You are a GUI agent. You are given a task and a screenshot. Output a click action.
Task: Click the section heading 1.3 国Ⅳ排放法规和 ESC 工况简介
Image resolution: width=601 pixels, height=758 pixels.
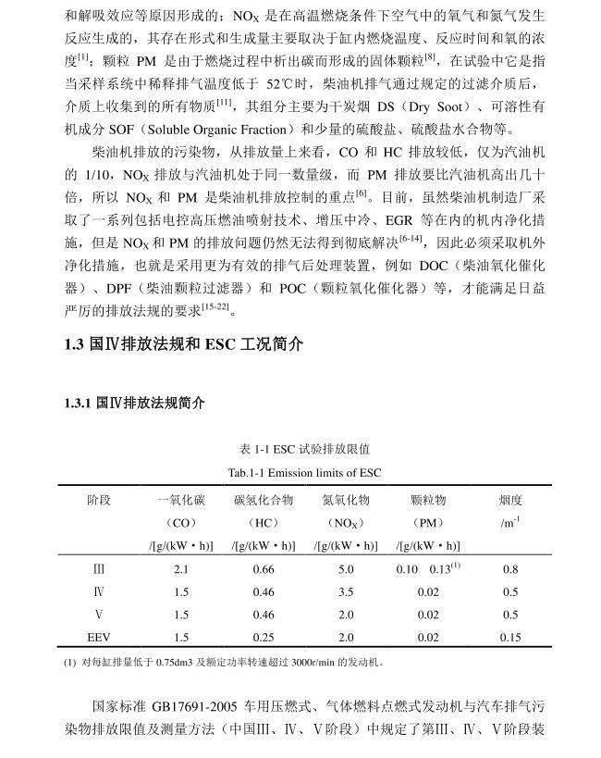tap(183, 345)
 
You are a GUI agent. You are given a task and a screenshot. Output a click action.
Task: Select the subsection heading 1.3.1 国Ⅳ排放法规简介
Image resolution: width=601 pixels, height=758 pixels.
tap(135, 404)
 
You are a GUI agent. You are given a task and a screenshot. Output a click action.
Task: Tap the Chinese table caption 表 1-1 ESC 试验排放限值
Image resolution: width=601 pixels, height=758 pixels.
tap(304, 450)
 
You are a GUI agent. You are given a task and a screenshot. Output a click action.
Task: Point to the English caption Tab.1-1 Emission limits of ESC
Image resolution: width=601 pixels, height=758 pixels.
tap(304, 472)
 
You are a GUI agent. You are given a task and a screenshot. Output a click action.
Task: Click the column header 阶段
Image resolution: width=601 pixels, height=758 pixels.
tap(99, 500)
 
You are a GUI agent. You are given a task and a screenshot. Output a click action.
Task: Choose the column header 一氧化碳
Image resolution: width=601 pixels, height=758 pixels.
tap(180, 500)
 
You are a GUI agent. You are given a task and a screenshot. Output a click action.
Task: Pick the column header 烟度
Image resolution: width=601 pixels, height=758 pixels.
tap(510, 500)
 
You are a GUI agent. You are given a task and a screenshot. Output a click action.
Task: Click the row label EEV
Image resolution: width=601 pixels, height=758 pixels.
tap(99, 637)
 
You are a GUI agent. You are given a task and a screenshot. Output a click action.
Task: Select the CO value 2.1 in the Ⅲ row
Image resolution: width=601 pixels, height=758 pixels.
tap(180, 569)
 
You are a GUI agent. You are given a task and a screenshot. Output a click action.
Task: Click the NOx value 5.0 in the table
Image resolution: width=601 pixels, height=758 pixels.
tap(346, 569)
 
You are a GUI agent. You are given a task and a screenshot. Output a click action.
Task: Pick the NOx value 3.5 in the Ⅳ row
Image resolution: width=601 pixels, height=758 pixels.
tap(346, 591)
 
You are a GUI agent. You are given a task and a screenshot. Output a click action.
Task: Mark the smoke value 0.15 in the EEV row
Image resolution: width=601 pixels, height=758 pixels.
tap(510, 637)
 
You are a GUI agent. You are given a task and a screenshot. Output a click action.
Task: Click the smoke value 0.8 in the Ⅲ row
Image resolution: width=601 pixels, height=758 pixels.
tap(510, 569)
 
